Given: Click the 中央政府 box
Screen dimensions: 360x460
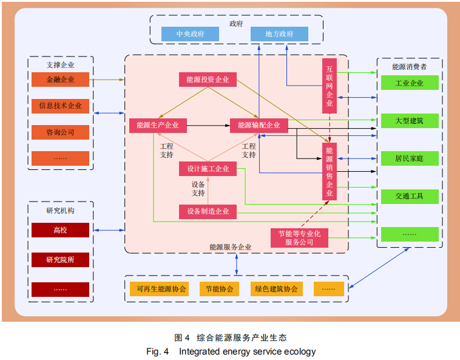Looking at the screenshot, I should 190,35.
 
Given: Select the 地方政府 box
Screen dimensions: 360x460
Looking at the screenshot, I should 279,35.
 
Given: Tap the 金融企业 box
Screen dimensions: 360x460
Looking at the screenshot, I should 60,80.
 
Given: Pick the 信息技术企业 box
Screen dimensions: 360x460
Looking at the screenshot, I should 60,106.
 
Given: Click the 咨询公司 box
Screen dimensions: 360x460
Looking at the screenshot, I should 60,132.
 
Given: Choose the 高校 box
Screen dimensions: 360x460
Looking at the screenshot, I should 60,230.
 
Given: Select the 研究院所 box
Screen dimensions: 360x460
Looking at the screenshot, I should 60,260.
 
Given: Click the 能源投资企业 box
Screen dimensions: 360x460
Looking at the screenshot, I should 208,80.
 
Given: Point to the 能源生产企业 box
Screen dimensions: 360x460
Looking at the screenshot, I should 158,126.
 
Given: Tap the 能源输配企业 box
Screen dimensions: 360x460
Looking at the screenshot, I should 259,126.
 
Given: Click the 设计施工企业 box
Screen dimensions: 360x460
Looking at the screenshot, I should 208,169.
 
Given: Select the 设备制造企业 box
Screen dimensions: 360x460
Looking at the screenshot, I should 208,211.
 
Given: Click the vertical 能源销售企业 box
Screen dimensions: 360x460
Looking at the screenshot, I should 330,172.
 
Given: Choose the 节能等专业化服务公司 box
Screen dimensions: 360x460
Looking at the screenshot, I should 299,237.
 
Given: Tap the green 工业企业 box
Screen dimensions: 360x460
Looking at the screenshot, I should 409,83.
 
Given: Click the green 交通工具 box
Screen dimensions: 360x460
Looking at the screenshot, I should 409,197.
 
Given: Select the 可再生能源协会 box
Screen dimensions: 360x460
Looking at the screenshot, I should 161,289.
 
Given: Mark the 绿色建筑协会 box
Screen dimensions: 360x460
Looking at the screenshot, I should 276,289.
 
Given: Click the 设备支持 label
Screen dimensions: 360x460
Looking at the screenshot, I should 198,189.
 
